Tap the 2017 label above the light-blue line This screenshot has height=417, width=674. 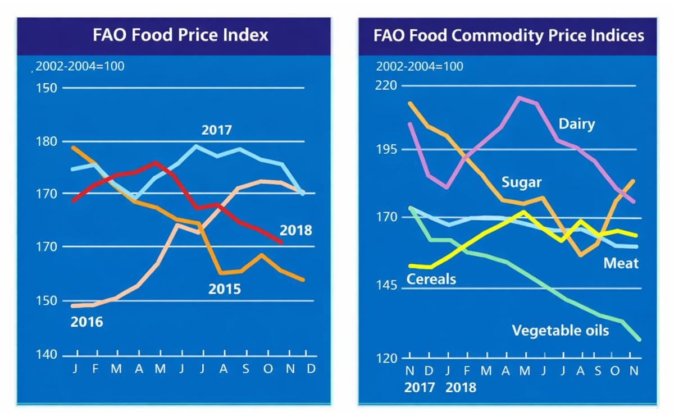(217, 131)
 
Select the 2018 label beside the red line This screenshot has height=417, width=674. (296, 230)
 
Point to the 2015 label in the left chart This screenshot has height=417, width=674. (224, 290)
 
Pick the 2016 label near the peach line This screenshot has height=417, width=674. (86, 322)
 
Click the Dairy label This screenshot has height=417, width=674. (576, 124)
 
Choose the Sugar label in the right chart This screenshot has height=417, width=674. (522, 182)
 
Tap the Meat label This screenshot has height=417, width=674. (621, 263)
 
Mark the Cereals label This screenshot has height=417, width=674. (431, 279)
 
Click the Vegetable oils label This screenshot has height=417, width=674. (560, 330)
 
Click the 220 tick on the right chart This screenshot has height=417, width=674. (387, 86)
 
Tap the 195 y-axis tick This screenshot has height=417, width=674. (387, 149)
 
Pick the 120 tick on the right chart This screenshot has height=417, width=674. (387, 358)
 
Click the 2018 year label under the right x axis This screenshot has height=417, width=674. (461, 387)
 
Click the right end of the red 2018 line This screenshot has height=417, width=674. (281, 242)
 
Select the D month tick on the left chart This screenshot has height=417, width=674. (311, 369)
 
